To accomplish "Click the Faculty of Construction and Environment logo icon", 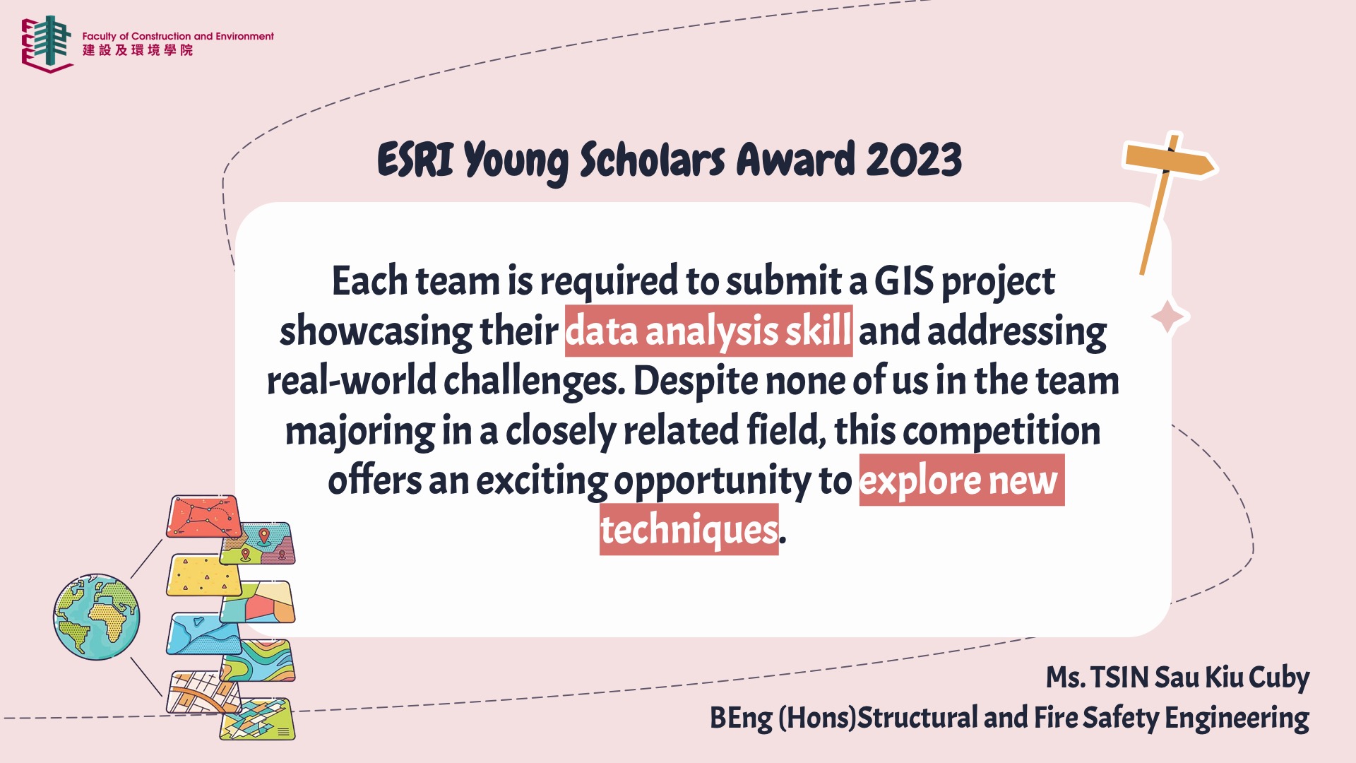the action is click(47, 44).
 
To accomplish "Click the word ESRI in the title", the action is click(415, 160).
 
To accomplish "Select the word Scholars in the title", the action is click(652, 160).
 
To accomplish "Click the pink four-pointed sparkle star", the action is click(1169, 317).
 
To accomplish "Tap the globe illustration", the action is click(97, 617).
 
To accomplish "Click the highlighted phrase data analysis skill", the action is click(708, 331).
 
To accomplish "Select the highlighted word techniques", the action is click(689, 530).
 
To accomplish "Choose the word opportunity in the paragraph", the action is click(713, 482).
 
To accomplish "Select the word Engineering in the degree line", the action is click(1237, 718).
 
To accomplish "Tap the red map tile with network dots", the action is click(204, 516).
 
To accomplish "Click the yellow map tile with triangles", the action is click(203, 575).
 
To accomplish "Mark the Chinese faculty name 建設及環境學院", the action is click(138, 50).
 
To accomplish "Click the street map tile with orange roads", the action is click(204, 692).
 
